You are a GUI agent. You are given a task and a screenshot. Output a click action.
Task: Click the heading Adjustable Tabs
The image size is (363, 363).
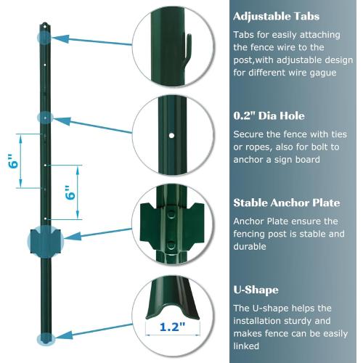[275, 16]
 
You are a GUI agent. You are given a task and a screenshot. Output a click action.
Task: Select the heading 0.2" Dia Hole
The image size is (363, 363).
[269, 115]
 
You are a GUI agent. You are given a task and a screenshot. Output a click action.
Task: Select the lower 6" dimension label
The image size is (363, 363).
[70, 194]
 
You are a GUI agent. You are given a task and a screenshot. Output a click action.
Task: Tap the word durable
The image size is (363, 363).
[250, 246]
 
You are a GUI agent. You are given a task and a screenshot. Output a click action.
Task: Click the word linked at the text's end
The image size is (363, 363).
[248, 346]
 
